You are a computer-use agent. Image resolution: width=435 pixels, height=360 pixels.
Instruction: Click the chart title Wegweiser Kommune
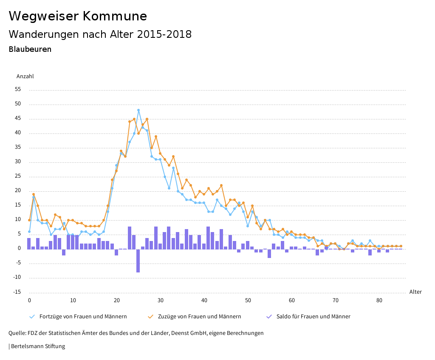point(78,16)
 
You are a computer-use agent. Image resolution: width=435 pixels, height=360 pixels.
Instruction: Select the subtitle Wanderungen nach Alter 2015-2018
point(100,34)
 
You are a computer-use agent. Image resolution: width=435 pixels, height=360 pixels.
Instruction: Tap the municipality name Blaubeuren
point(30,49)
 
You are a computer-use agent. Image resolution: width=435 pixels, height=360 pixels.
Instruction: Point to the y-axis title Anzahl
point(25,77)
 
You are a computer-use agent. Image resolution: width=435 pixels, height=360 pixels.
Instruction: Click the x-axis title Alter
point(415,292)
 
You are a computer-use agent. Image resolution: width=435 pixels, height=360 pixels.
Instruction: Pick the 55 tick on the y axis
point(17,90)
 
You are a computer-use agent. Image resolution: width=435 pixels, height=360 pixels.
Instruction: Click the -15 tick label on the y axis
point(17,292)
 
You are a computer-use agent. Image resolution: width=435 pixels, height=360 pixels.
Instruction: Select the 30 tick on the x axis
point(160,300)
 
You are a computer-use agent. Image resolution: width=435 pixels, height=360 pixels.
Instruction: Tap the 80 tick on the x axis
point(379,300)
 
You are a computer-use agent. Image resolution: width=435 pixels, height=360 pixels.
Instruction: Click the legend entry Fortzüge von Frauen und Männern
point(83,317)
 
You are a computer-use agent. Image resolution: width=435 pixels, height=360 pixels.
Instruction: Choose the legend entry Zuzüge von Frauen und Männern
point(199,317)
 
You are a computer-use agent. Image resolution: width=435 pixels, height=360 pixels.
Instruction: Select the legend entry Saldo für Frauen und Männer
point(313,317)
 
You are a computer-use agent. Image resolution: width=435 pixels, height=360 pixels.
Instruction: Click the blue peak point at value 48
point(138,110)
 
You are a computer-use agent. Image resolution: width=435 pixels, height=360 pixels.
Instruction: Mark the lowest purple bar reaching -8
point(138,261)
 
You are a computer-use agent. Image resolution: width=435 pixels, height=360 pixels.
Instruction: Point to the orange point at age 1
point(34,194)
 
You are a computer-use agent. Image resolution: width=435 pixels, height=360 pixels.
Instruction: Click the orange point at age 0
point(29,220)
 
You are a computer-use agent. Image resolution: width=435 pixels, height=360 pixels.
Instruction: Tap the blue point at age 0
point(29,232)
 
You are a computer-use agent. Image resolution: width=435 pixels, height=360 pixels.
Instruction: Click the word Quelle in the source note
point(17,333)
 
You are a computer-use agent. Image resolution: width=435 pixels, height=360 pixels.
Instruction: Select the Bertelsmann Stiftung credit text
point(38,346)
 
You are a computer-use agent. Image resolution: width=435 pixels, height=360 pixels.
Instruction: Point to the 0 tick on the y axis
point(19,249)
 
